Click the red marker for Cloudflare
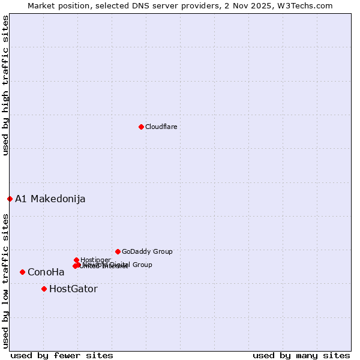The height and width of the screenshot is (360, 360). coord(141,127)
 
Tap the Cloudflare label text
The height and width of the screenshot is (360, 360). coord(161,127)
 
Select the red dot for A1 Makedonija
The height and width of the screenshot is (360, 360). coord(10,199)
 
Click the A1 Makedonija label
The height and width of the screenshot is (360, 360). coord(50,199)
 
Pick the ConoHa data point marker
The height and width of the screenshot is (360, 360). coord(22,272)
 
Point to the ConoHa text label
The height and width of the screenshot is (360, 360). coord(46,272)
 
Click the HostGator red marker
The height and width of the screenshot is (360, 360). coord(44,289)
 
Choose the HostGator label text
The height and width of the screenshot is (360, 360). coord(73,289)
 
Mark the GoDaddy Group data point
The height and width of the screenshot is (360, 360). coord(118,251)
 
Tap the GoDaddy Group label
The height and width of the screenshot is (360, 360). coord(147,251)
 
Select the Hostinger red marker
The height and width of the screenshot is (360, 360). coord(76,260)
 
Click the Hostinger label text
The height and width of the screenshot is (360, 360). coord(95,260)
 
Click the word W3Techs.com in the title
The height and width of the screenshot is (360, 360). coord(313,5)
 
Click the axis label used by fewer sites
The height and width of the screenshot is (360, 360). coord(62,355)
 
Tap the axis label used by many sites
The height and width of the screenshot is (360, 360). coord(301,355)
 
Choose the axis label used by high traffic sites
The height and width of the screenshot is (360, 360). coord(5,85)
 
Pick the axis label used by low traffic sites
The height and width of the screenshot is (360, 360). coord(5,280)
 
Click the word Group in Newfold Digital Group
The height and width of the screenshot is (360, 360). coord(142,265)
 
